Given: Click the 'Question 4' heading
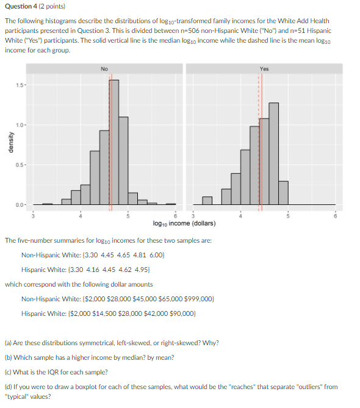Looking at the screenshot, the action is pos(21,6).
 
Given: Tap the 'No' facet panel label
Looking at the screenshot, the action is pos(104,69).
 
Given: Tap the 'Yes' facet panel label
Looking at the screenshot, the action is pos(264,69).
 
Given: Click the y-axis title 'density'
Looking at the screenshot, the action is pos(10,142).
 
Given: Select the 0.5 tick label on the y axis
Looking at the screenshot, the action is pos(20,165).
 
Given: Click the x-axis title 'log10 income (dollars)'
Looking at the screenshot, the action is pos(184,223).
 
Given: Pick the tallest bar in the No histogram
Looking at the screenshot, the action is pos(113,142).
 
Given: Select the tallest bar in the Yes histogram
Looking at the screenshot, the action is pos(273,154).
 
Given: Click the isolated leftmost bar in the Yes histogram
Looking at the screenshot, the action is pos(207,201).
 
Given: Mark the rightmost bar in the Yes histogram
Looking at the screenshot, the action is pos(283,193).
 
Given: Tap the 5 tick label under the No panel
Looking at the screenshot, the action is pos(128,216).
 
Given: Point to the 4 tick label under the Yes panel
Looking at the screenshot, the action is pos(240,216).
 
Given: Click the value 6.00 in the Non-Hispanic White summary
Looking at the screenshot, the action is pos(156,255).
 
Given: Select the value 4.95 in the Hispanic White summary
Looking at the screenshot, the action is pos(142,270).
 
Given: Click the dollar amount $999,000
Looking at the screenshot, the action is pos(199,299).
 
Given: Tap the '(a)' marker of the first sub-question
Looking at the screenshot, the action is pos(8,343).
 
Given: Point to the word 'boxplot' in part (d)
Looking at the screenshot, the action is pos(85,387).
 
